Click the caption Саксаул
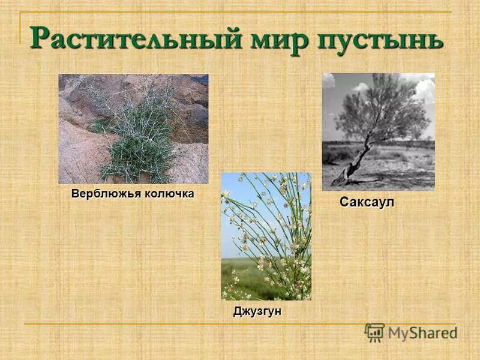point(367,202)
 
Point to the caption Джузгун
point(257,312)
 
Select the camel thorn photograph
point(133,128)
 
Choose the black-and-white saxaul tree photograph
point(378,131)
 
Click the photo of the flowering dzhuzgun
point(266,236)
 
